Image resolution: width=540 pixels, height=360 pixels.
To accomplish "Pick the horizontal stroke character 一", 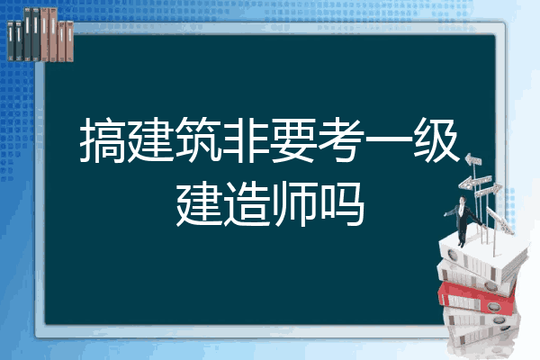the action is point(388,139).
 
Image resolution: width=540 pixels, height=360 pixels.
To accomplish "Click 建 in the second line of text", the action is point(199,204).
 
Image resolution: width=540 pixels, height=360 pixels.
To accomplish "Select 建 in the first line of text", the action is point(151,140).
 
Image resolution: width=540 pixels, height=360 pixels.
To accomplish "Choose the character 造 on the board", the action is point(247,204).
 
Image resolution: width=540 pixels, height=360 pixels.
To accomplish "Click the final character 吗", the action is point(342,204).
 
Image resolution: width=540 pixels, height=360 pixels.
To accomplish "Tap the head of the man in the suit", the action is point(463,200).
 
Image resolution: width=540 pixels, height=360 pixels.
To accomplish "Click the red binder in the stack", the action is point(476,298).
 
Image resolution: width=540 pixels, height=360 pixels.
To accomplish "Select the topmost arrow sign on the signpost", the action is point(473,160).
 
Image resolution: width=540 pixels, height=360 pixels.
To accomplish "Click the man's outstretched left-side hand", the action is point(445,214).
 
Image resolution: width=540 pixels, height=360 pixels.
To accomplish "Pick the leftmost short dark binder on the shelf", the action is point(11,40).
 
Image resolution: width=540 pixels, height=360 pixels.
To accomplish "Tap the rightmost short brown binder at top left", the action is point(70,41).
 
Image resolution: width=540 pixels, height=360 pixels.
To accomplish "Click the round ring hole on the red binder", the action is point(493,306).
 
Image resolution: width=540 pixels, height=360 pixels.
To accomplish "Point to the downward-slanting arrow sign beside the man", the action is point(499,220).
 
